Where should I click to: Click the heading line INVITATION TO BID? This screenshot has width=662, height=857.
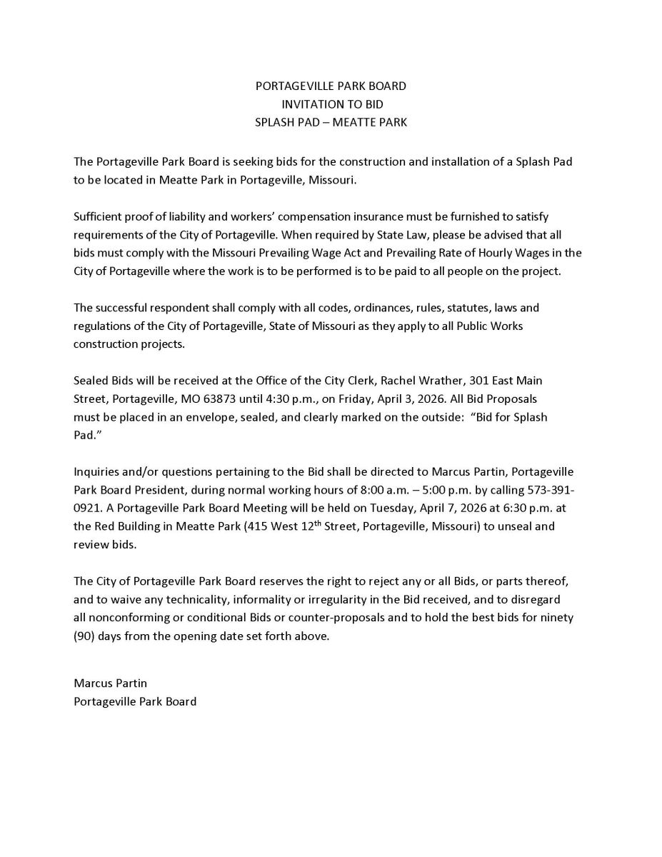coord(331,104)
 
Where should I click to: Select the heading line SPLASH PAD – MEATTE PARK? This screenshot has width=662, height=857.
coord(331,122)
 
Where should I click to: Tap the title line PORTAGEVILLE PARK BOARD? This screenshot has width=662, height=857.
coord(331,86)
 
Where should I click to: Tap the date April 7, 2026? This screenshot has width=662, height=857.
coord(382,508)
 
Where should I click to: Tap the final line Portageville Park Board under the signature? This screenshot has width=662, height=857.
coord(135,701)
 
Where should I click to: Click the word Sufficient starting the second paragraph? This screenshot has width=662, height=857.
coord(98,216)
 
